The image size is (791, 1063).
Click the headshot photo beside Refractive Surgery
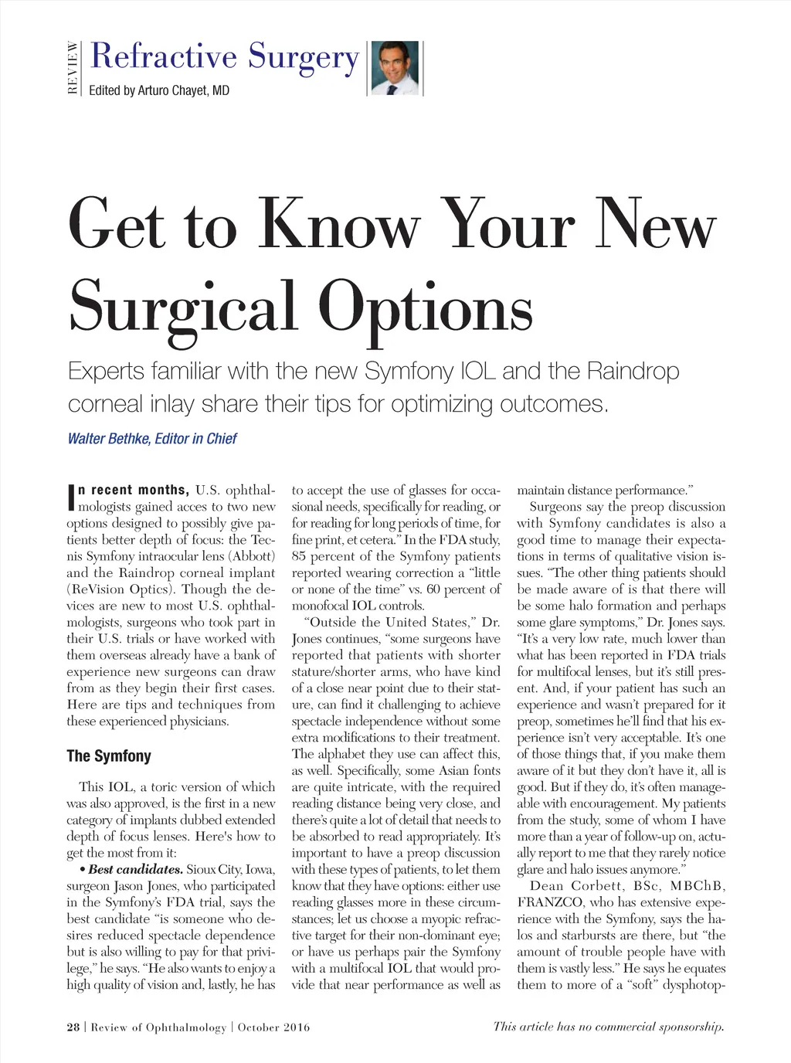point(395,68)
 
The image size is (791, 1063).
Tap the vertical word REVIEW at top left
point(73,68)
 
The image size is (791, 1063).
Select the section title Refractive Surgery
point(225,57)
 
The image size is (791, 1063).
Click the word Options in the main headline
point(426,307)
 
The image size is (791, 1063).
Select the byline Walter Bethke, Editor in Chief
point(152,439)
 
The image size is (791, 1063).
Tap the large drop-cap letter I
point(71,498)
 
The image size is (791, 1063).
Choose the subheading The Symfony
point(109,756)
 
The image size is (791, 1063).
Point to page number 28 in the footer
point(73,1027)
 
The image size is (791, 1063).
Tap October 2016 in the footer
point(273,1027)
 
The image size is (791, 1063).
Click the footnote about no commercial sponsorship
point(609,1027)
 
